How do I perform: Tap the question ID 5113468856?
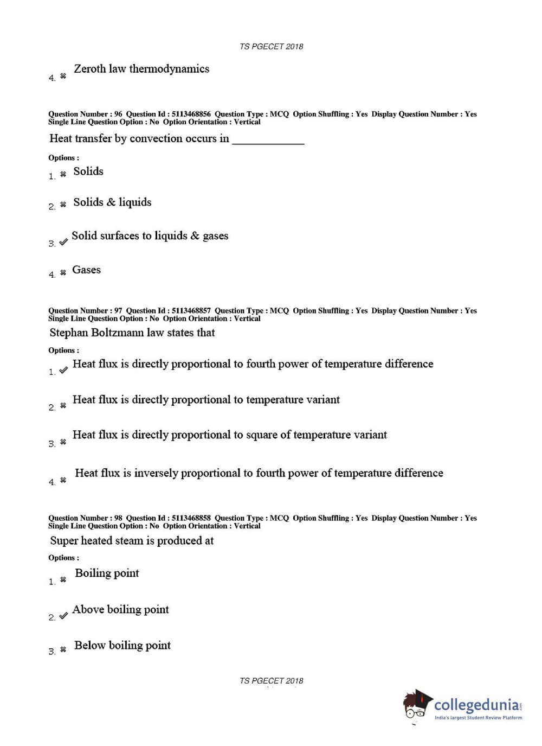point(191,114)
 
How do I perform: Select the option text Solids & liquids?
point(112,202)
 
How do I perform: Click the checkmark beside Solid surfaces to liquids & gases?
point(63,242)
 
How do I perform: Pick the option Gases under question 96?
point(86,270)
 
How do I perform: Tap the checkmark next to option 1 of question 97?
point(63,370)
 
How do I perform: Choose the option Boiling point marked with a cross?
point(107,573)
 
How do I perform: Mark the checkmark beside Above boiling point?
point(63,616)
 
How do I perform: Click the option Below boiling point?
point(122,646)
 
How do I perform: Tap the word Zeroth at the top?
point(89,69)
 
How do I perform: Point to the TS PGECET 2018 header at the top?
point(271,47)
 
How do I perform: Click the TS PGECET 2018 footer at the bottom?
point(271,681)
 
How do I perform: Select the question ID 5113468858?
point(191,518)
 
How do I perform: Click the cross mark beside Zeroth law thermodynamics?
point(63,76)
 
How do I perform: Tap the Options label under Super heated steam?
point(63,558)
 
